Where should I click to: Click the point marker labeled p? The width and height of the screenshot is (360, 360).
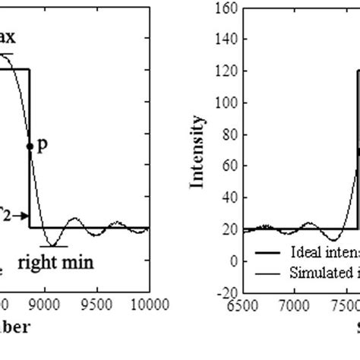click(x=30, y=146)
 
